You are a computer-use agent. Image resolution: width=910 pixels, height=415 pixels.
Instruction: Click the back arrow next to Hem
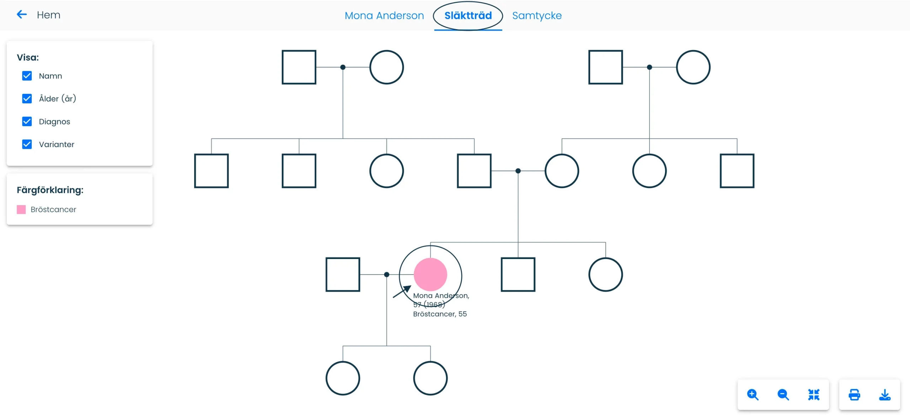pos(22,15)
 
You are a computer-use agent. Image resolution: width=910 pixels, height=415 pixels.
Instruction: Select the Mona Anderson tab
pos(384,16)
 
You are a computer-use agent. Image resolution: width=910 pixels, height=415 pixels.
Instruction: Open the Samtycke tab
pos(537,16)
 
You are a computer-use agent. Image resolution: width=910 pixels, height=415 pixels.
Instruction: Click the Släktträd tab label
pos(468,16)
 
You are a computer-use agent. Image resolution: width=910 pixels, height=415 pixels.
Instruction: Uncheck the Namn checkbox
pos(27,76)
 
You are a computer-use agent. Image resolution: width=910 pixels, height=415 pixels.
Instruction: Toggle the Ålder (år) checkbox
pos(27,98)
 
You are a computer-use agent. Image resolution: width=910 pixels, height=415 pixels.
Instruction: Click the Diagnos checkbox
pos(27,122)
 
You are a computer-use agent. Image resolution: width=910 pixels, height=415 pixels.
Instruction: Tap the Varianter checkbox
pos(27,144)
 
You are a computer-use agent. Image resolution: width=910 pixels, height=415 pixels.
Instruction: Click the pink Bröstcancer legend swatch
pos(21,209)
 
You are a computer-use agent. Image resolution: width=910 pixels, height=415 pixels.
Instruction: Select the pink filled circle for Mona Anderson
pos(430,274)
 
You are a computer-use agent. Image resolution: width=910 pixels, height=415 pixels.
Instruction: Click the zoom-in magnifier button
pos(753,395)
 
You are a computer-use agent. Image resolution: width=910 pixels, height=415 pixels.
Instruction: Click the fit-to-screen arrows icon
pos(814,395)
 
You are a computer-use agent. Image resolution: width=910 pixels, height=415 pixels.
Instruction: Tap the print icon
pos(855,395)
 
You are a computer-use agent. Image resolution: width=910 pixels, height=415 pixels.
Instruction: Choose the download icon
pos(885,395)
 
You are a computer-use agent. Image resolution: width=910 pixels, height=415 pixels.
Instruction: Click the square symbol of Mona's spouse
pos(343,274)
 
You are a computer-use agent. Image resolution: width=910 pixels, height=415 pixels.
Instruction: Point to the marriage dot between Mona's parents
pos(518,171)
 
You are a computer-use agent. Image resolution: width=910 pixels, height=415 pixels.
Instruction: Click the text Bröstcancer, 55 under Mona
pos(440,314)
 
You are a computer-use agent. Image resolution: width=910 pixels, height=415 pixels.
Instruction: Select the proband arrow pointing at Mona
pos(402,291)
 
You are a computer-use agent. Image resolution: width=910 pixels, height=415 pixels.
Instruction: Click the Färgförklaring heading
pos(50,190)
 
